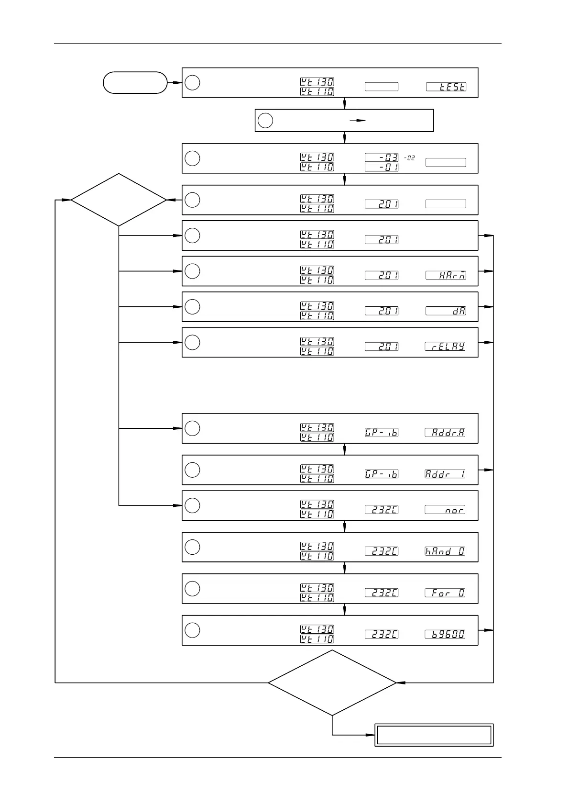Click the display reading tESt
click(446, 87)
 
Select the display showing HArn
click(446, 275)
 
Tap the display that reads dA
click(446, 311)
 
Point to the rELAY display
click(446, 347)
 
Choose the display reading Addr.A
click(446, 432)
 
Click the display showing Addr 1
click(446, 474)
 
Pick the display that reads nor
click(446, 510)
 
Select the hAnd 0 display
click(446, 551)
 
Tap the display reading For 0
click(446, 593)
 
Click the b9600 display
click(446, 634)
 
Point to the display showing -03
click(382, 157)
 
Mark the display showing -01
click(382, 167)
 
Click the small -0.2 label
click(409, 157)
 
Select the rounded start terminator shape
click(135, 82)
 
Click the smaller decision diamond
click(119, 200)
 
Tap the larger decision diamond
click(332, 683)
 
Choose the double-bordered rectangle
click(434, 735)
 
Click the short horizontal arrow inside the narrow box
click(357, 121)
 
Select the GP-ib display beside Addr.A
click(382, 432)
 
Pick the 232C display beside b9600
click(382, 634)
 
